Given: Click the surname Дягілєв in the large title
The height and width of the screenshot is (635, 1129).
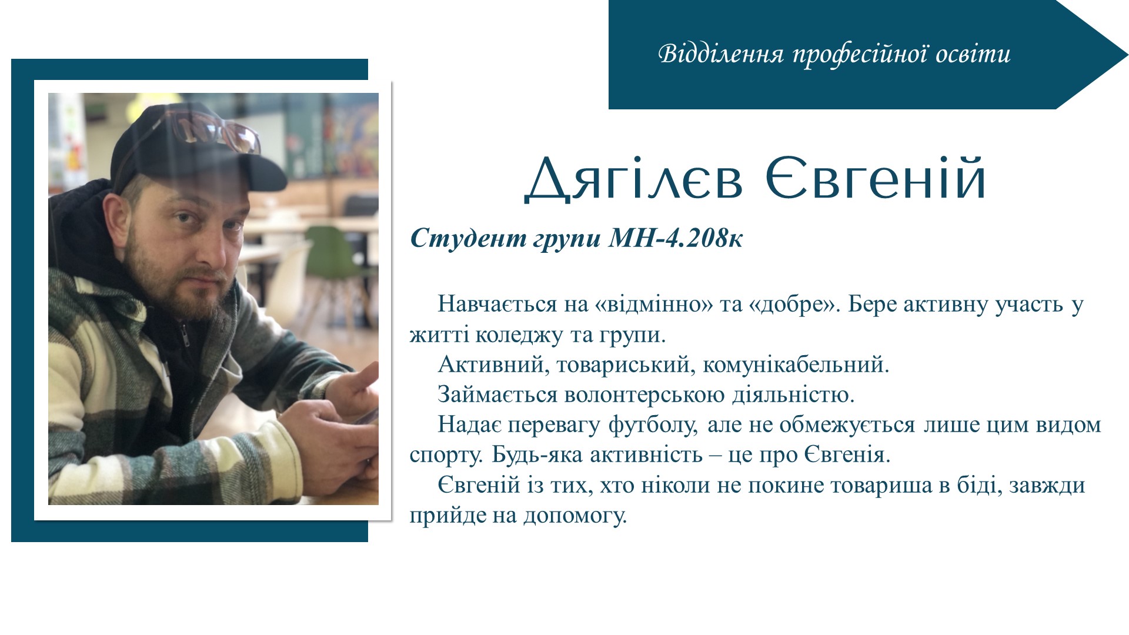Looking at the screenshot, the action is pos(634,179).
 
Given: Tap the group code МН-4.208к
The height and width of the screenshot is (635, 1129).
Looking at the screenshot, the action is pos(676,238).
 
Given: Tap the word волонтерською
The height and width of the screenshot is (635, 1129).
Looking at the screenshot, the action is pos(644,395).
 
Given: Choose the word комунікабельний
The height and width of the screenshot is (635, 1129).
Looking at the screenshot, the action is pos(796,365).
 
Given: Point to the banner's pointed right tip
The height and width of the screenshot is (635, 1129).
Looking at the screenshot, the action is pos(1128,55).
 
